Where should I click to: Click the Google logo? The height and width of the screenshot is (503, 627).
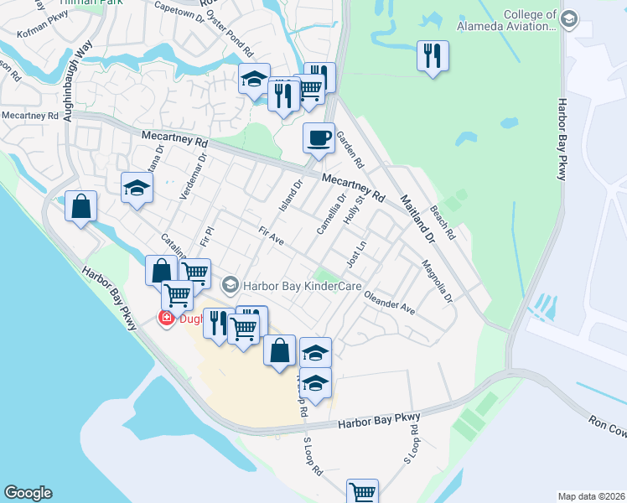point(28,493)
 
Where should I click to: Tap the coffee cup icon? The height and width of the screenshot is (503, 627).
point(318,138)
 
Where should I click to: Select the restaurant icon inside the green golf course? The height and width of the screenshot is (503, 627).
point(433,56)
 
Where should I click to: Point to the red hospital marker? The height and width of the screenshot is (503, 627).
point(167,318)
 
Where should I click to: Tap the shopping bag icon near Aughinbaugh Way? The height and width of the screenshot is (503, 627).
point(80,207)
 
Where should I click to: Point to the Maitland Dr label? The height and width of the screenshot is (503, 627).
point(417,219)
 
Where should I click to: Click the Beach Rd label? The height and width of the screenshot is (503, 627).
point(442,220)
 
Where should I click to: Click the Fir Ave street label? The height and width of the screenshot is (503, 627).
point(272,236)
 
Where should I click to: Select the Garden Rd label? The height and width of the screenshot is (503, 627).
point(349,147)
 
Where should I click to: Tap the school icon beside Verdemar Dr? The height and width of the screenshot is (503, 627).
point(137,188)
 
